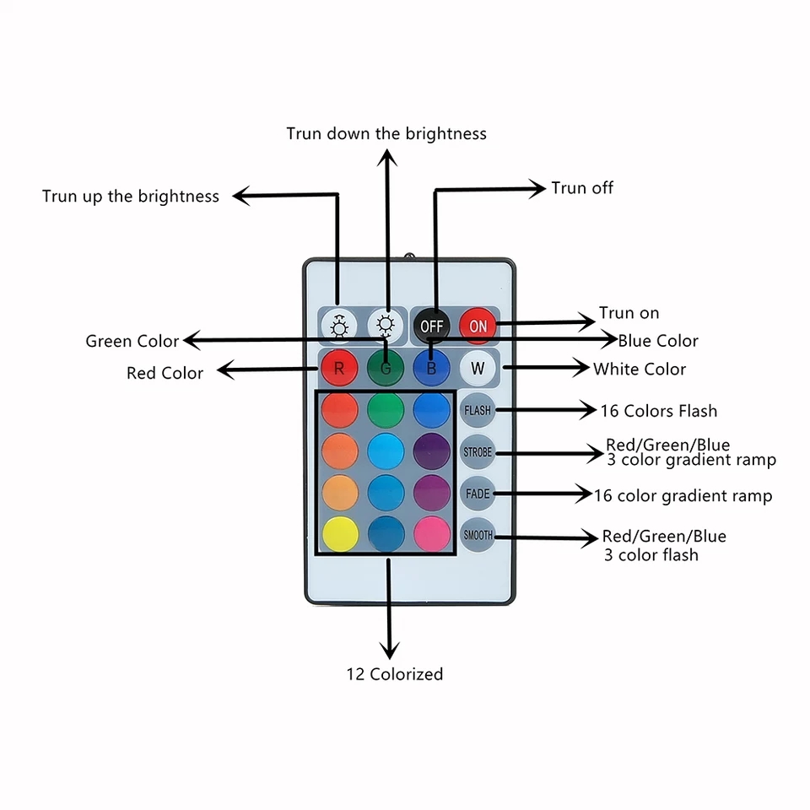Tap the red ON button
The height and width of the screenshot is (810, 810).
click(478, 326)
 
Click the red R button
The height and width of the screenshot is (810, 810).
click(339, 368)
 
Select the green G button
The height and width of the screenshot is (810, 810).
click(386, 368)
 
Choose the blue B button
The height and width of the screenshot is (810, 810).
click(431, 368)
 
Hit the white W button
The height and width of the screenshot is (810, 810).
click(478, 368)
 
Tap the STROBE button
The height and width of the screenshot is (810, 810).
click(478, 452)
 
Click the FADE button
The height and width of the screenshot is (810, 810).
click(478, 494)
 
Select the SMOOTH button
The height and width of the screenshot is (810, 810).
click(478, 535)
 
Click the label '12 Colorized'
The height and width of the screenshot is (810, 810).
click(394, 674)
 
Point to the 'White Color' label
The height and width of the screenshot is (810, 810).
click(640, 369)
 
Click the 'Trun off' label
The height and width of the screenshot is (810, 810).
click(582, 187)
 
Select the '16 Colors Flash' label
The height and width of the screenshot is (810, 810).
click(659, 411)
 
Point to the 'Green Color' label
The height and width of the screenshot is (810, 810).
click(132, 341)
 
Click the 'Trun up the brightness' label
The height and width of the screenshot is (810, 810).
click(131, 197)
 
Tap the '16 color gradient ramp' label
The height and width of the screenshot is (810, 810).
click(683, 495)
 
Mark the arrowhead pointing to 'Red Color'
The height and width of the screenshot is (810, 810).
click(224, 370)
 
